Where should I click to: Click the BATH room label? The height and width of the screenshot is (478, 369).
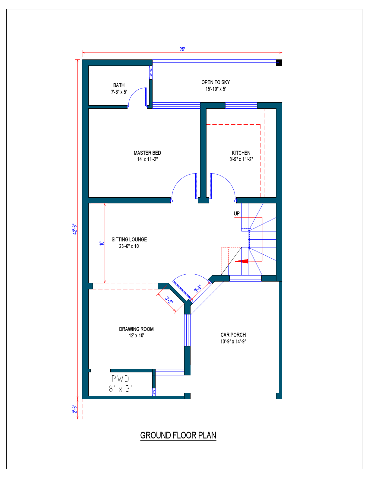pyautogui.click(x=119, y=85)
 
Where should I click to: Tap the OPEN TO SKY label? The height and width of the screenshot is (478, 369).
pyautogui.click(x=216, y=82)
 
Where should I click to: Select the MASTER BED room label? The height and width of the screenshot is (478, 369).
pyautogui.click(x=147, y=153)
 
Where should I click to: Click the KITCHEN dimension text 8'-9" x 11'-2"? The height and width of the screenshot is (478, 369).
pyautogui.click(x=241, y=159)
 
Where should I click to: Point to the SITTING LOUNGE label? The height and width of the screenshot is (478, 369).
pyautogui.click(x=129, y=240)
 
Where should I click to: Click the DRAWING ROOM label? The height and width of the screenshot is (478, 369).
pyautogui.click(x=136, y=329)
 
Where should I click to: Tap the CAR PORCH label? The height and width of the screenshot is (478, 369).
pyautogui.click(x=233, y=335)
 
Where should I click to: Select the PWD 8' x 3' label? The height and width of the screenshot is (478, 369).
pyautogui.click(x=120, y=384)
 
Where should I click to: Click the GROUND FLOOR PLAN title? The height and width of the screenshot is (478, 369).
pyautogui.click(x=178, y=435)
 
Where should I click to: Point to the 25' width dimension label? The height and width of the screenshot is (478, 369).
pyautogui.click(x=182, y=49)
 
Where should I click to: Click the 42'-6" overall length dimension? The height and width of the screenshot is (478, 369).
pyautogui.click(x=75, y=229)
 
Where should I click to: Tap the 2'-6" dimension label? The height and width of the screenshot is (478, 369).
pyautogui.click(x=75, y=409)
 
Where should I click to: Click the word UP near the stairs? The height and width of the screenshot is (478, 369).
pyautogui.click(x=237, y=214)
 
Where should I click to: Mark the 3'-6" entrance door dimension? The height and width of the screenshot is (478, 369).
pyautogui.click(x=198, y=289)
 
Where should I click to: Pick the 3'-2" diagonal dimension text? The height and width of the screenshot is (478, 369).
pyautogui.click(x=169, y=300)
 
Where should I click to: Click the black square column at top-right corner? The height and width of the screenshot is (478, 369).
pyautogui.click(x=279, y=63)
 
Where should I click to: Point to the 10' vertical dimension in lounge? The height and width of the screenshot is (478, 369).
pyautogui.click(x=102, y=243)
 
